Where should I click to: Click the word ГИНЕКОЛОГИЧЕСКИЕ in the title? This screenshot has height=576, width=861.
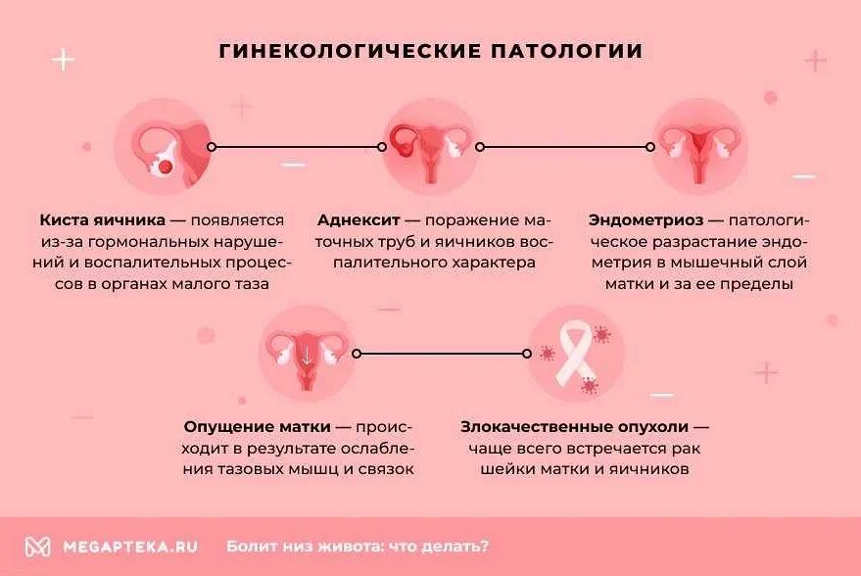[347, 51]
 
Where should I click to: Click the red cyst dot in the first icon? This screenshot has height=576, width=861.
[166, 168]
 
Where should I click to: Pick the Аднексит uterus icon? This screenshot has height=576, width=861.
[429, 147]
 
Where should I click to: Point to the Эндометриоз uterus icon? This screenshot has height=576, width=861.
[699, 147]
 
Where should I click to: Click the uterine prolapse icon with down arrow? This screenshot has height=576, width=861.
[306, 353]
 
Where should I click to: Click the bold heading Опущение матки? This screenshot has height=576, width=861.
[257, 427]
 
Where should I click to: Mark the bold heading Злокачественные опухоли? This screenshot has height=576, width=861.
[574, 427]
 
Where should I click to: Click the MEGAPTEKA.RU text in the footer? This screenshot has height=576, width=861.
[130, 547]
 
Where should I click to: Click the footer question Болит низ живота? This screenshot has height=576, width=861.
[358, 547]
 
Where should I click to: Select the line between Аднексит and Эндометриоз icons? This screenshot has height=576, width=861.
[566, 147]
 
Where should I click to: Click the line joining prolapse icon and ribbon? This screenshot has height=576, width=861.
[441, 353]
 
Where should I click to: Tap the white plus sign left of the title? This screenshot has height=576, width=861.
[63, 60]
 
